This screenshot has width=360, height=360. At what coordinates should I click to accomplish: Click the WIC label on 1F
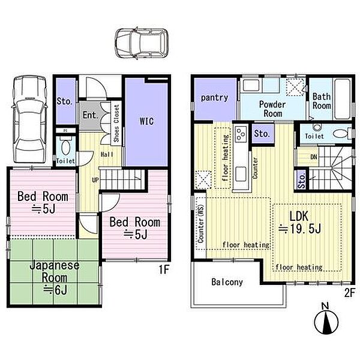pyautogui.click(x=147, y=121)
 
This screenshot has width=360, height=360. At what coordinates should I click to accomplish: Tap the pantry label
pyautogui.click(x=214, y=98)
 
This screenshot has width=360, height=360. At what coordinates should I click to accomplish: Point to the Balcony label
pyautogui.click(x=227, y=282)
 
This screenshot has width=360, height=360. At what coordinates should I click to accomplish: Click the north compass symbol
pyautogui.click(x=326, y=319)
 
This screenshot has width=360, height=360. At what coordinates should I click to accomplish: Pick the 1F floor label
pyautogui.click(x=164, y=269)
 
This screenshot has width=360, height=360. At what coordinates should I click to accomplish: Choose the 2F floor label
pyautogui.click(x=349, y=293)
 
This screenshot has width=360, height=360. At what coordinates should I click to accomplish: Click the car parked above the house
pyautogui.click(x=142, y=43)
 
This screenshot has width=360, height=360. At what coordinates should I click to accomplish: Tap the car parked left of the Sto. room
pyautogui.click(x=30, y=119)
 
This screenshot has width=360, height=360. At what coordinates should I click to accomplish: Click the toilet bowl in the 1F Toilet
pyautogui.click(x=66, y=147)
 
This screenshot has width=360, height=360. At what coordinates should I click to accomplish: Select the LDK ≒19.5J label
pyautogui.click(x=299, y=222)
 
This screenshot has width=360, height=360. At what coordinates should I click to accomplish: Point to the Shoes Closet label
pyautogui.click(x=116, y=123)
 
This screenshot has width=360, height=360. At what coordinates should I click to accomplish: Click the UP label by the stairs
pyautogui.click(x=95, y=180)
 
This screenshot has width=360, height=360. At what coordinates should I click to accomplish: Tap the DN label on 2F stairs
pyautogui.click(x=314, y=157)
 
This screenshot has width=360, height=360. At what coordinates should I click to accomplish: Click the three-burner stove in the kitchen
pyautogui.click(x=241, y=134)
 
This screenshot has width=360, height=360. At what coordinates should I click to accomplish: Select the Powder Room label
pyautogui.click(x=272, y=109)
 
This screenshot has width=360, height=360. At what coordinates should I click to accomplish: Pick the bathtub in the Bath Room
pyautogui.click(x=343, y=99)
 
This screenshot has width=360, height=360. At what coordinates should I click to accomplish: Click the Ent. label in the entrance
pyautogui.click(x=91, y=115)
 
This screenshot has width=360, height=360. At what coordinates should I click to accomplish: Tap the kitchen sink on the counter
pyautogui.click(x=241, y=174)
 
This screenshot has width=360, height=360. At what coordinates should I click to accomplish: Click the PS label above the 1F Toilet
pyautogui.click(x=65, y=130)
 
